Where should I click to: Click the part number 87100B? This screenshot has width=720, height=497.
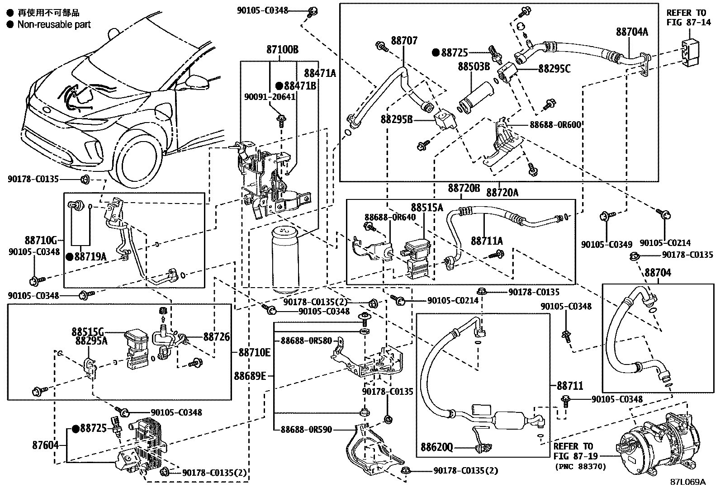(x=282, y=50)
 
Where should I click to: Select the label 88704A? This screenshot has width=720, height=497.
(x=632, y=32)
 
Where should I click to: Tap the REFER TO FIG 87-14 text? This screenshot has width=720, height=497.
(x=688, y=18)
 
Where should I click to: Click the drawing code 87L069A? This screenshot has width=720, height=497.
(x=687, y=482)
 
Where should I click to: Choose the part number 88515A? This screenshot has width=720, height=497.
(x=427, y=208)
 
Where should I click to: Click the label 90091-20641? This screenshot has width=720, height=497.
(x=270, y=97)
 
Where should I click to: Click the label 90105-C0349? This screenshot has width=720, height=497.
(x=606, y=244)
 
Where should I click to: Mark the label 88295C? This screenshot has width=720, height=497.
(x=554, y=69)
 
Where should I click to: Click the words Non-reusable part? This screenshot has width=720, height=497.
(x=54, y=24)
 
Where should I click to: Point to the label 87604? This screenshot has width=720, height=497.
(x=45, y=445)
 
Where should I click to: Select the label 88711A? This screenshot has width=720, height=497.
(x=487, y=241)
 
